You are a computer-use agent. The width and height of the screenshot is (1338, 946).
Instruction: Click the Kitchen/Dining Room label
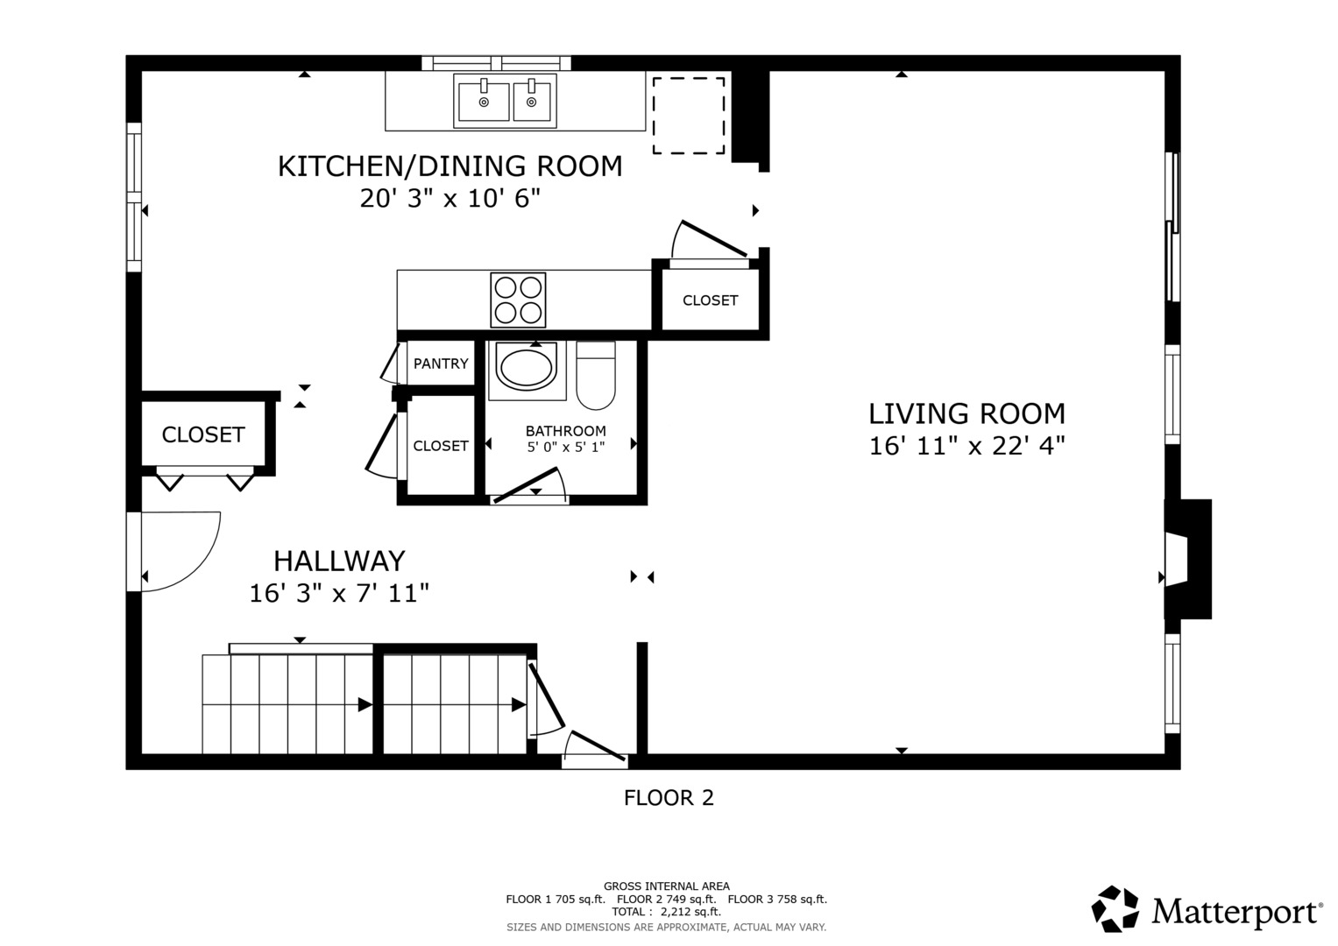450,166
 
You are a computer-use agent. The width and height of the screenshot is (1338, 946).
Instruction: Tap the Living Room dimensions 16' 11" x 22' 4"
966,446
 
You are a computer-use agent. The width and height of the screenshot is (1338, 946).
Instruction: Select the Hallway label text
339,561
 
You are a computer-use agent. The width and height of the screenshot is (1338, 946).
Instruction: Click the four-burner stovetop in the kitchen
518,300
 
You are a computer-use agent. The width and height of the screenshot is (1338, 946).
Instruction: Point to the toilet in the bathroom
596,375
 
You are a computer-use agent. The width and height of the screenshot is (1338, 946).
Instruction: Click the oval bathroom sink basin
527,367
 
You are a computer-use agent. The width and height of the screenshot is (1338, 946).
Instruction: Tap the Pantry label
441,364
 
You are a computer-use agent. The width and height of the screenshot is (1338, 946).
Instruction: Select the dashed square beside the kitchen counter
688,116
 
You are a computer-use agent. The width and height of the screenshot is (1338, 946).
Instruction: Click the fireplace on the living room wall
1187,559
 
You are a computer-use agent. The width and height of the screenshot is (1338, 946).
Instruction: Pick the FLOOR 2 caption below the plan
669,798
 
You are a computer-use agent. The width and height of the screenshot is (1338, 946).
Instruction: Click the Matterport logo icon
1115,909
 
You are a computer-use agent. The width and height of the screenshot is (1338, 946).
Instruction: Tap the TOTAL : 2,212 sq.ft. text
666,912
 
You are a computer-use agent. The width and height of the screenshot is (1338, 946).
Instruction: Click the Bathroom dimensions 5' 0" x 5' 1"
566,447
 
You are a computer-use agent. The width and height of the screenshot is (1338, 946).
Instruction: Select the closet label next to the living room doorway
711,300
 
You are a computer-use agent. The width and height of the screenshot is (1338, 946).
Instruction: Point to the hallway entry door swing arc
197,561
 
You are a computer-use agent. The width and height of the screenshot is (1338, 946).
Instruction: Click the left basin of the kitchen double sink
484,102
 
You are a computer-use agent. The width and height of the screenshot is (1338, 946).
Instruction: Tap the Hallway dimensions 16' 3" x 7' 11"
339,594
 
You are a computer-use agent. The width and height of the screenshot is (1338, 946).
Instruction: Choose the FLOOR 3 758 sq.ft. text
777,900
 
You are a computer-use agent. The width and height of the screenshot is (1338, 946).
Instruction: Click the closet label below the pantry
441,446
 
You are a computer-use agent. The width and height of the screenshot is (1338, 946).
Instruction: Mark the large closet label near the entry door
203,434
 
